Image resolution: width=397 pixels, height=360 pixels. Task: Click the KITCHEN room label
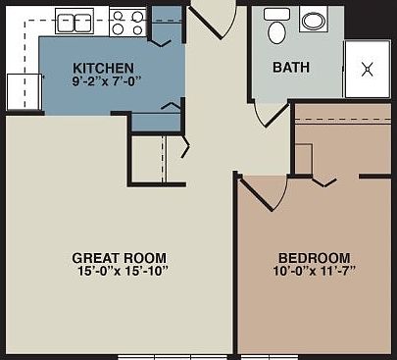[103, 68]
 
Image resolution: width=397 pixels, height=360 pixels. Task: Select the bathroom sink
[314, 22]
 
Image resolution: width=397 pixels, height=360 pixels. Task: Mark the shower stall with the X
[367, 70]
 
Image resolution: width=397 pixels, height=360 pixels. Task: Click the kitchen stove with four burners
[126, 22]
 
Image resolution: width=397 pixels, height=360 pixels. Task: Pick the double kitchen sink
[73, 22]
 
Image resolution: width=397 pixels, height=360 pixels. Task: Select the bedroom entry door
[257, 191]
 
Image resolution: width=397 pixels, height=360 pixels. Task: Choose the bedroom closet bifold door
[323, 180]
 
